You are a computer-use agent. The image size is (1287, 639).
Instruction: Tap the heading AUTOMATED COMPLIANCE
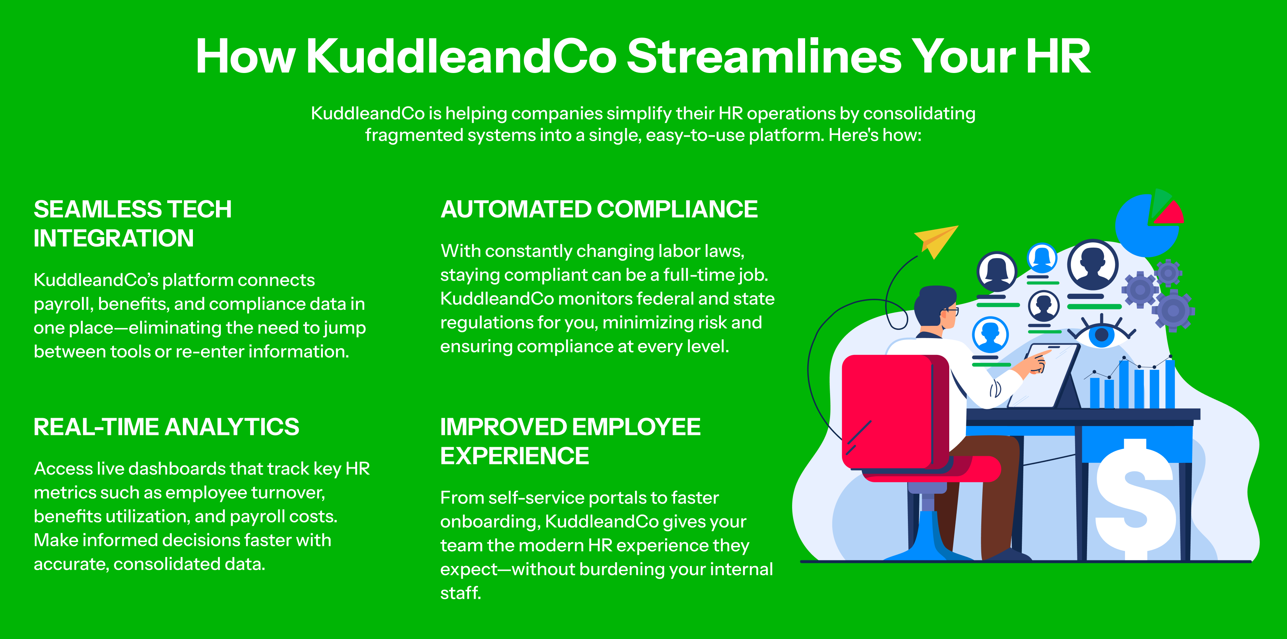pyautogui.click(x=599, y=209)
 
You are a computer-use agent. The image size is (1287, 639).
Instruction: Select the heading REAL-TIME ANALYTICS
pyautogui.click(x=166, y=427)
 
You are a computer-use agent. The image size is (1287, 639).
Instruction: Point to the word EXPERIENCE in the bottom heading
pyautogui.click(x=515, y=456)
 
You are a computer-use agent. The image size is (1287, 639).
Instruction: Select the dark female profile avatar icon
pyautogui.click(x=997, y=272)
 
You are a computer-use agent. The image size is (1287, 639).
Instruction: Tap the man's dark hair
pyautogui.click(x=935, y=300)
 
